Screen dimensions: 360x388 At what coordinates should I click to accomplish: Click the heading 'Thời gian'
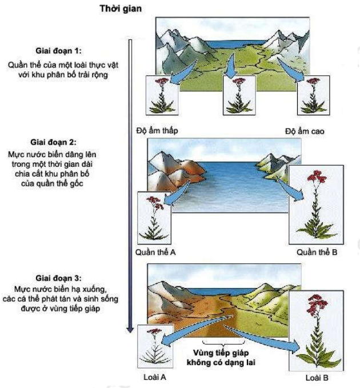[x=121, y=9]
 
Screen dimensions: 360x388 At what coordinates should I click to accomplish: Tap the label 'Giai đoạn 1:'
[x=58, y=51]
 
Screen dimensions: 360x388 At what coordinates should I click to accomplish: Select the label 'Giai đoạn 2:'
[x=54, y=142]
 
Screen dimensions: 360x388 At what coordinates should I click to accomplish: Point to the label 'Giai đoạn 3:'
[x=58, y=278]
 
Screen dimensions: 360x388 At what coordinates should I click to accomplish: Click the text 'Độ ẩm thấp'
[x=157, y=130]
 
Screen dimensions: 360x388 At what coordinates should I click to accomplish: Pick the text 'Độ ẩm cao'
[x=305, y=131]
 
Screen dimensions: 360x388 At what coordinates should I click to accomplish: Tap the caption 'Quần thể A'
[x=155, y=252]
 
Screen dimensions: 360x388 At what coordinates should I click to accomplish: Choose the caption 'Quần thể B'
[x=317, y=252]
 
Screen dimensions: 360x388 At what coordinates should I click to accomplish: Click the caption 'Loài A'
[x=155, y=377]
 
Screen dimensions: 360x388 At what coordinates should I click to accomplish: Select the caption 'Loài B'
[x=317, y=378]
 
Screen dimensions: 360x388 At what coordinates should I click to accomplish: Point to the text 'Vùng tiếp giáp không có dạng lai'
[x=221, y=358]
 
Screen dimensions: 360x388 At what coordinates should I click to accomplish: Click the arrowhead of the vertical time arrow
[x=130, y=330]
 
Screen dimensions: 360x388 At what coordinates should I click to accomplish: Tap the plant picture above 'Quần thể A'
[x=154, y=218]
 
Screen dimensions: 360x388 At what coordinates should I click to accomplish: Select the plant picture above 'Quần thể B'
[x=316, y=205]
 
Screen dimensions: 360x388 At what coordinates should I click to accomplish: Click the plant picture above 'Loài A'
[x=155, y=346]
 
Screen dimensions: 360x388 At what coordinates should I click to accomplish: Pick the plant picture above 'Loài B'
[x=316, y=331]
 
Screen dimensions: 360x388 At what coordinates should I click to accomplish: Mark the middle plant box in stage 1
[x=239, y=95]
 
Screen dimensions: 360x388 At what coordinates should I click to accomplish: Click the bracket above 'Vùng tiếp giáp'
[x=223, y=343]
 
